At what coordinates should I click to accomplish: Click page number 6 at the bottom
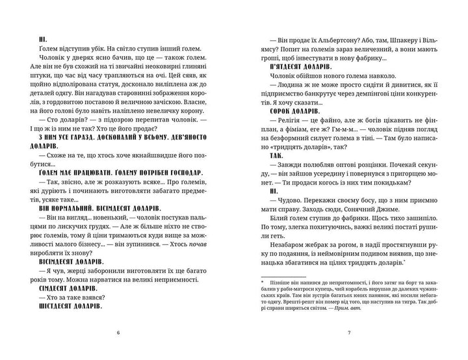tap(118, 333)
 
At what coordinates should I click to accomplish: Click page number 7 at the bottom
tap(350, 333)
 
